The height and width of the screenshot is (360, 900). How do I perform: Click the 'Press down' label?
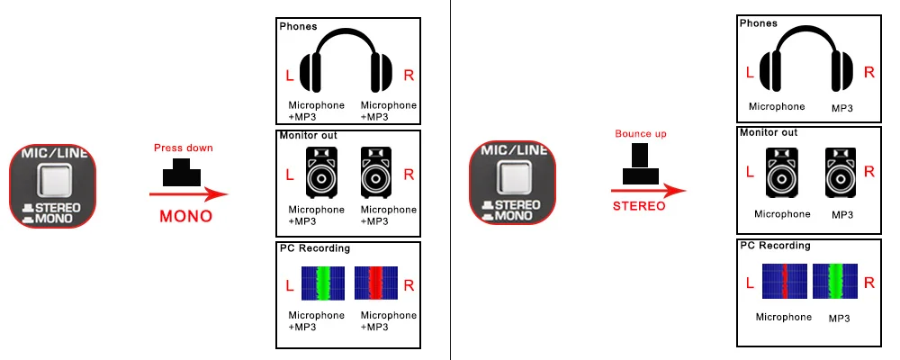click(184, 148)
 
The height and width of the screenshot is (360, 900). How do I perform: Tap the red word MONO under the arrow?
click(185, 216)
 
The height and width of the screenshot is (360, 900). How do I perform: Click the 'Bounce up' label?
click(639, 133)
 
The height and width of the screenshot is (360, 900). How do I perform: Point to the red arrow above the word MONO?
click(188, 193)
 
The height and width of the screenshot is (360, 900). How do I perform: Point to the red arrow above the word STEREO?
click(648, 190)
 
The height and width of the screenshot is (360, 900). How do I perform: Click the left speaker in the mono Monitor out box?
click(322, 172)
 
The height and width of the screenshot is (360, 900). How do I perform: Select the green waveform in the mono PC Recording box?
click(322, 283)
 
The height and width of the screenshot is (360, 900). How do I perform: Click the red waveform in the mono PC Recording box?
click(375, 283)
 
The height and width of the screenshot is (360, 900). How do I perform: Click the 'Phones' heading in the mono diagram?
click(297, 26)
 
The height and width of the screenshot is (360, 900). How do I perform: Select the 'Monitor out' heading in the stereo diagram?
click(768, 131)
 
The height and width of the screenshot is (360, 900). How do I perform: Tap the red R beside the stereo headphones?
click(868, 72)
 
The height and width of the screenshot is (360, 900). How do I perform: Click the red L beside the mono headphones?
click(289, 76)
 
